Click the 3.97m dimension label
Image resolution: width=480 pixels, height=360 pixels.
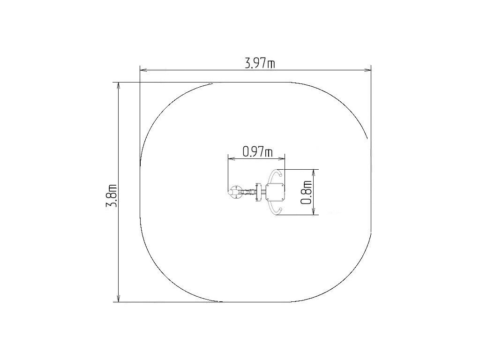260,63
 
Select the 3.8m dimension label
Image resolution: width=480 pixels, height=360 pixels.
112,196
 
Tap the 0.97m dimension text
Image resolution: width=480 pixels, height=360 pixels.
257,151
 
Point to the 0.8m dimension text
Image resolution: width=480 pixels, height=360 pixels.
307,192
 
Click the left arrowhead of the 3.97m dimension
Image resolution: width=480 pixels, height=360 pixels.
144,70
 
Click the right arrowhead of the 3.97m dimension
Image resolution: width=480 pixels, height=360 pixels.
367,70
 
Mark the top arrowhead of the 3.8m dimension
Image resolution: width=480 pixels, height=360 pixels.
119,87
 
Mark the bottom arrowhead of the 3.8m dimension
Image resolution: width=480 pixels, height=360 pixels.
119,298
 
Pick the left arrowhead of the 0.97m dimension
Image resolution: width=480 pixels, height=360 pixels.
232,158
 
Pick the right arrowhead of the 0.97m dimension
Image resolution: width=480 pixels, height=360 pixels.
281,158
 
